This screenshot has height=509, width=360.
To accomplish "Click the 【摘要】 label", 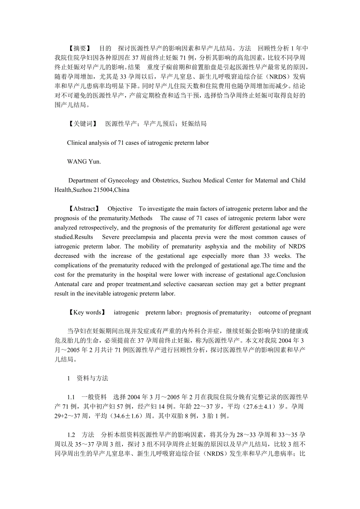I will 80,48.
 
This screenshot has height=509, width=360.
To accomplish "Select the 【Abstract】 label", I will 84,209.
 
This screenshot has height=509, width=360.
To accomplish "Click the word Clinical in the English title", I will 77,143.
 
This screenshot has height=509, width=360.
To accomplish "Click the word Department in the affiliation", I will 83,181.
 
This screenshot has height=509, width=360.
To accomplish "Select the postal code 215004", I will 103,190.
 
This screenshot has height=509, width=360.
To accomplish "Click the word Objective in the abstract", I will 120,209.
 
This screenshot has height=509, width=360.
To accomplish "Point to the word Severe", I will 111,237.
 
